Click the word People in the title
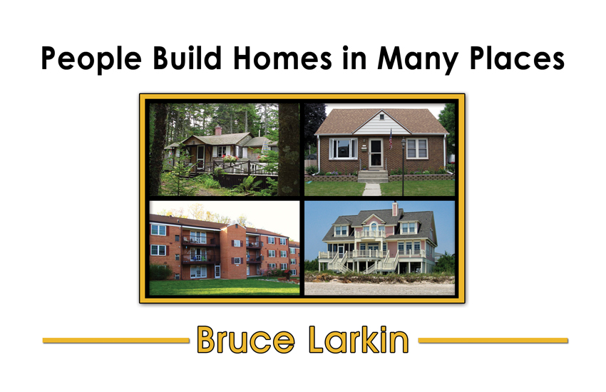pyautogui.click(x=91, y=59)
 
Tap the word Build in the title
pyautogui.click(x=187, y=58)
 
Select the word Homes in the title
pyautogui.click(x=282, y=58)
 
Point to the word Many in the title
pyautogui.click(x=417, y=60)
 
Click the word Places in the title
pyautogui.click(x=517, y=58)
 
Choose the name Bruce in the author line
pyautogui.click(x=246, y=340)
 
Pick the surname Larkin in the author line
pyautogui.click(x=359, y=339)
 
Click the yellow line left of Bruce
pyautogui.click(x=116, y=340)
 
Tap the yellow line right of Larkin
pyautogui.click(x=493, y=340)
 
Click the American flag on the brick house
pyautogui.click(x=391, y=140)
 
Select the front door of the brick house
pyautogui.click(x=376, y=153)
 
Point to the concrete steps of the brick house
pyautogui.click(x=373, y=176)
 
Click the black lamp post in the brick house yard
pyautogui.click(x=403, y=167)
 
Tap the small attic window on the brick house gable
pyautogui.click(x=382, y=116)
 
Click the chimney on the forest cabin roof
pyautogui.click(x=218, y=130)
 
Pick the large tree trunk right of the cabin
pyautogui.click(x=288, y=150)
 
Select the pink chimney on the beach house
pyautogui.click(x=394, y=209)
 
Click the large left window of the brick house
pyautogui.click(x=343, y=149)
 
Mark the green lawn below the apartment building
pyautogui.click(x=224, y=287)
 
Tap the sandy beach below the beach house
pyautogui.click(x=379, y=289)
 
